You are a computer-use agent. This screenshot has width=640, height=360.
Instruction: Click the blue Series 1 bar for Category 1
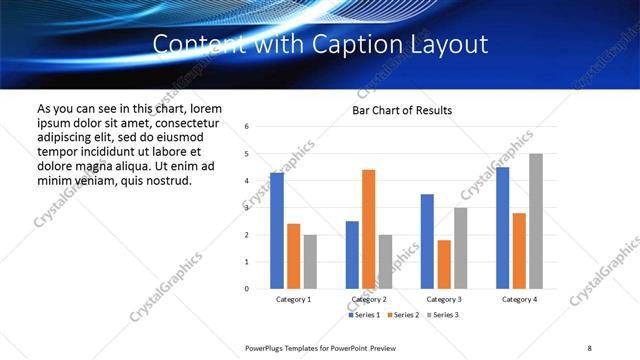(277, 231)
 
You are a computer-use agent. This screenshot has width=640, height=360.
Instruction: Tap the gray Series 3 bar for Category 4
(536, 221)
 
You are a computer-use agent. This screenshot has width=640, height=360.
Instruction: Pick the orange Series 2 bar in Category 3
(444, 264)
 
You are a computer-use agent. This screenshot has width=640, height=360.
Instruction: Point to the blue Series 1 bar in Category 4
(502, 228)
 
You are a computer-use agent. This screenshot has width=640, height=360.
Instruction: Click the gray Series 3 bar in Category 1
(310, 262)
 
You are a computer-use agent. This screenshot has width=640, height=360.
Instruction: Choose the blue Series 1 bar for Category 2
(352, 255)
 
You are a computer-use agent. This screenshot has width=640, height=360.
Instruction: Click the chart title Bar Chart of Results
(402, 110)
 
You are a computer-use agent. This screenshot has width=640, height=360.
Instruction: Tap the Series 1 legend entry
(363, 315)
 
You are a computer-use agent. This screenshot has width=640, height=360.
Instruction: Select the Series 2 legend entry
(404, 315)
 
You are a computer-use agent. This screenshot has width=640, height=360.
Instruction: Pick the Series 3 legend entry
(444, 315)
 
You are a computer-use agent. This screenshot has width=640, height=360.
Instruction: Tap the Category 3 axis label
(444, 299)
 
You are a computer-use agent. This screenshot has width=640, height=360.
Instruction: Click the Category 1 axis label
(293, 299)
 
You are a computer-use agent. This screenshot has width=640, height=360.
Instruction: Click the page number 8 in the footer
(589, 346)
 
